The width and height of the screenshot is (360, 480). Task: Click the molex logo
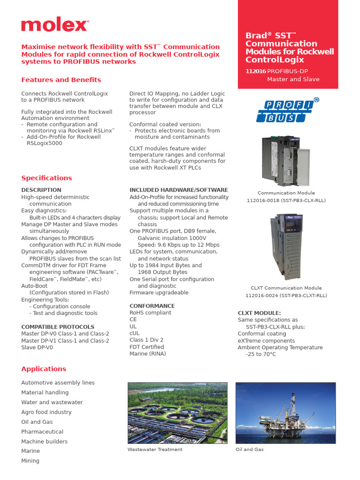point(54,25)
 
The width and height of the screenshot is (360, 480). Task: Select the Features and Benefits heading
point(61,80)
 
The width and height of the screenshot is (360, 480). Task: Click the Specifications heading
point(46,178)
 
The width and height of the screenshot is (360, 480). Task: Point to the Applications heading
point(44,369)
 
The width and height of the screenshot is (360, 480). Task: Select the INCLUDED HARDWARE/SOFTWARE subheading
point(179,190)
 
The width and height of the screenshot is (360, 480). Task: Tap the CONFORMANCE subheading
point(152,306)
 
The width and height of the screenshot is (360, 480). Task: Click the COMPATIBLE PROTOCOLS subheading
point(58,327)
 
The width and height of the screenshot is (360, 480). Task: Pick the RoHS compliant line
point(150,313)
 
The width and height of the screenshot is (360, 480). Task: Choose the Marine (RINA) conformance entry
point(148,354)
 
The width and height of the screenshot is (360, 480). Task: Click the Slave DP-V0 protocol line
point(37,347)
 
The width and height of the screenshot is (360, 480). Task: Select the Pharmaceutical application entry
point(42,432)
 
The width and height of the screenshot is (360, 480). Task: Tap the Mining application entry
point(30,461)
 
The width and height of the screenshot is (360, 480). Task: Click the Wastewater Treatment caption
point(155,450)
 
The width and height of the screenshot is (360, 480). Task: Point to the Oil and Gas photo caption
point(249,450)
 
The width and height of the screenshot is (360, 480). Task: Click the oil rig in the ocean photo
point(285,413)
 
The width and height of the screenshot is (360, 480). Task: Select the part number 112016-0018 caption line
point(286,200)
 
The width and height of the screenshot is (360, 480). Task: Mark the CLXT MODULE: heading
point(259,313)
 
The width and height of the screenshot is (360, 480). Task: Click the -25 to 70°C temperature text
point(261,354)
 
